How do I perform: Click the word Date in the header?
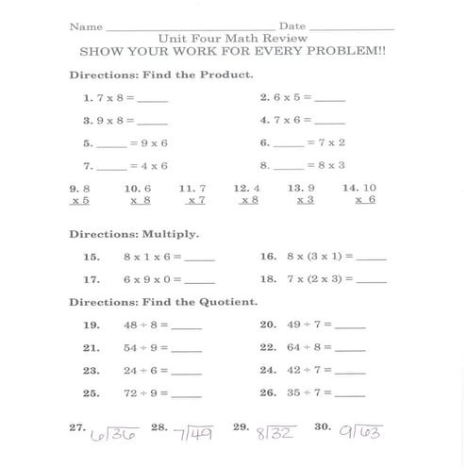point(292,25)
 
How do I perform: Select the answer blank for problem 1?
point(152,99)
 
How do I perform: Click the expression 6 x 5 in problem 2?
point(285,97)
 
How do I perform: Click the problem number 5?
point(88,143)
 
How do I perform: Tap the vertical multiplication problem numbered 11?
point(193,194)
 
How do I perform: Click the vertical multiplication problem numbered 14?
point(361,194)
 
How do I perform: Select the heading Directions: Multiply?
point(134,234)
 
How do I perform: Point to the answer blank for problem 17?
point(199,280)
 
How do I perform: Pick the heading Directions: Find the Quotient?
point(163,302)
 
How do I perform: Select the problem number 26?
point(267,393)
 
